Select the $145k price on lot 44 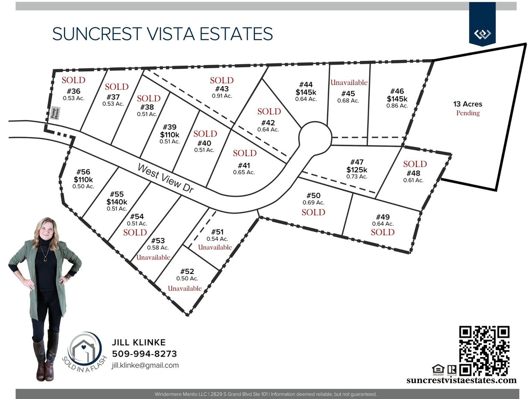coord(306,92)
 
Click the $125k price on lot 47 coord(357,170)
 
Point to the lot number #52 coord(187,271)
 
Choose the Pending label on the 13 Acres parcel coord(468,113)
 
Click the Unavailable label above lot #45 coord(349,82)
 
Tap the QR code coord(484,351)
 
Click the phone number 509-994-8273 coord(144,354)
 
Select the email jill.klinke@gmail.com coord(145,365)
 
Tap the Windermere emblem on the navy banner coord(482,34)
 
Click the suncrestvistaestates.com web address coord(461,380)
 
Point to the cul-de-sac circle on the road coord(315,137)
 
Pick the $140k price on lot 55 coord(117,202)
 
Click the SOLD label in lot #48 coord(415,164)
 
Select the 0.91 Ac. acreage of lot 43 coord(222,96)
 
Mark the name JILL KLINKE coord(139,342)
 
